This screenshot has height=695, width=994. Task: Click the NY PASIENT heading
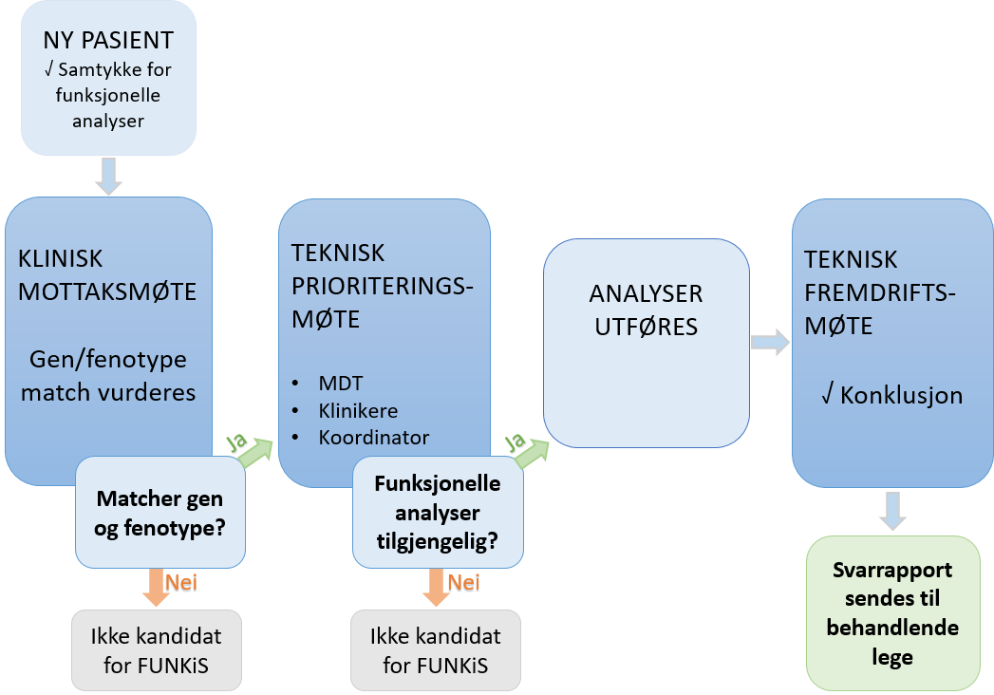tap(108, 40)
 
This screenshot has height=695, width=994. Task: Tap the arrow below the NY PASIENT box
tap(109, 176)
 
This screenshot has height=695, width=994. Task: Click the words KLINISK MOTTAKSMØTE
tap(106, 275)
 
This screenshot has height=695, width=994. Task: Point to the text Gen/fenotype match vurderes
tap(108, 376)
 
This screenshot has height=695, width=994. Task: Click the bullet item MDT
tap(339, 383)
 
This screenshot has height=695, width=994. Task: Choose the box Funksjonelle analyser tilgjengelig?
tap(438, 512)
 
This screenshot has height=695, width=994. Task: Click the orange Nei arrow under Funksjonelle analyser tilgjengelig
tap(436, 586)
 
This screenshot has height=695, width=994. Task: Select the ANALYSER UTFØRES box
tap(646, 310)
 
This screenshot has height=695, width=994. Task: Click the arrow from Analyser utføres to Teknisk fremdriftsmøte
tap(769, 342)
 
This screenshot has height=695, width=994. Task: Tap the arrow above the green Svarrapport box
tap(892, 510)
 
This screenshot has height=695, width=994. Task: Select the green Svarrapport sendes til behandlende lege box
tap(892, 612)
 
